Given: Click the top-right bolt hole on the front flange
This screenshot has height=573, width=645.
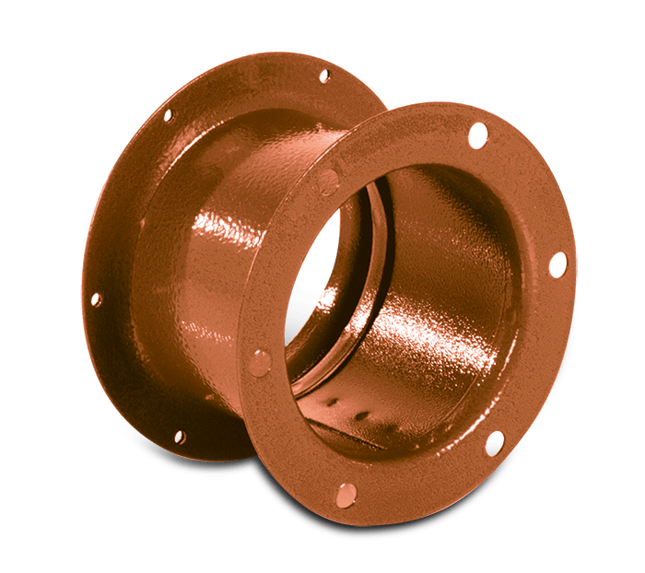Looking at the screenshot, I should pyautogui.click(x=477, y=135).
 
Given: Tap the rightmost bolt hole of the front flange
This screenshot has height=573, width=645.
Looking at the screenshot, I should pyautogui.click(x=557, y=264).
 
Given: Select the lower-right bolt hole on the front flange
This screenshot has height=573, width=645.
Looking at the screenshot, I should pyautogui.click(x=495, y=443).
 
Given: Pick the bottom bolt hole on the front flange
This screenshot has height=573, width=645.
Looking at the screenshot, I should pyautogui.click(x=346, y=495).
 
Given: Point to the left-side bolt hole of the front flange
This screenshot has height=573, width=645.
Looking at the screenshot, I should pyautogui.click(x=261, y=362).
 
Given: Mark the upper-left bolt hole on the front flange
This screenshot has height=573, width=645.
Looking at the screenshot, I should pyautogui.click(x=327, y=181).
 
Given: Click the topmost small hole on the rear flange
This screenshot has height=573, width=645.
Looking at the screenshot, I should pyautogui.click(x=323, y=76).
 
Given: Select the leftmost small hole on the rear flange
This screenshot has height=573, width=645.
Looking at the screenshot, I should pyautogui.click(x=95, y=299).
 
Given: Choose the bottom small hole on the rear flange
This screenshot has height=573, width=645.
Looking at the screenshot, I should pyautogui.click(x=179, y=436).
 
